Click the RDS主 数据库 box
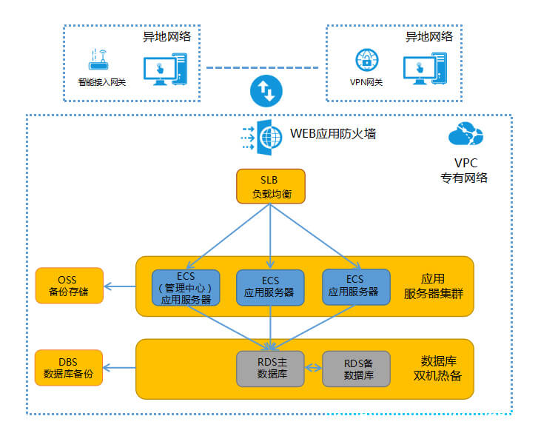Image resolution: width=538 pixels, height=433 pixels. pyautogui.click(x=270, y=368)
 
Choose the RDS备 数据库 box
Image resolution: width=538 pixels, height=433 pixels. pyautogui.click(x=359, y=368)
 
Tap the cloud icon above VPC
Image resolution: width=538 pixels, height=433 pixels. pyautogui.click(x=465, y=135)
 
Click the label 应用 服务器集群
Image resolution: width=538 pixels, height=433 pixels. pyautogui.click(x=433, y=286)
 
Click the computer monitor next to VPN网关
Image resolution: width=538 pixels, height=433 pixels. pyautogui.click(x=426, y=69)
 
